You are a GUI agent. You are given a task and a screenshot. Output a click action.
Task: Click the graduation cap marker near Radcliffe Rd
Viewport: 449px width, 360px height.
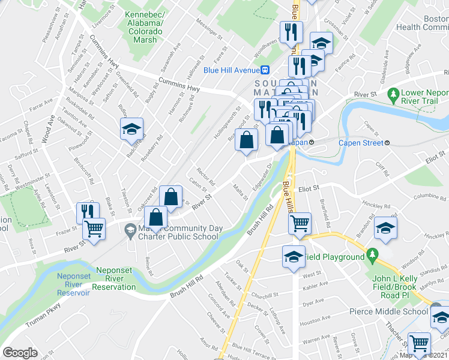[131, 128]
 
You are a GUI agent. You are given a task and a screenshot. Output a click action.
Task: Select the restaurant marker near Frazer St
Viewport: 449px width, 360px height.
[88, 212]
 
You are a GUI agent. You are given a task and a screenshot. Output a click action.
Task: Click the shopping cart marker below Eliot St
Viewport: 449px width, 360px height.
[300, 223]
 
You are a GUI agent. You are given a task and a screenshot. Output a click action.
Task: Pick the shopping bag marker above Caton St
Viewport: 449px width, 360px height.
[171, 196]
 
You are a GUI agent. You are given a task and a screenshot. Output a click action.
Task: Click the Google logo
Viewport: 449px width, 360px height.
[20, 353]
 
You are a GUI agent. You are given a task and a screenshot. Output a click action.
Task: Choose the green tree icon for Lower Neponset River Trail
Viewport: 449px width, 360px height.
[394, 95]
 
